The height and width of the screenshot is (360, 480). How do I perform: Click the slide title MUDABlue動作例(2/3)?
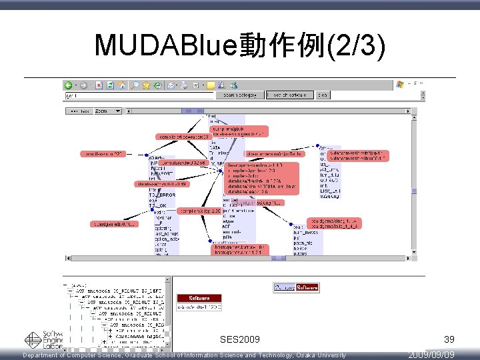[240, 45]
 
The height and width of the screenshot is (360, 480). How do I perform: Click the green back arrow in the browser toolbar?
[69, 85]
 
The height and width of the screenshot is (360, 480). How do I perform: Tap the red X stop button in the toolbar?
[99, 85]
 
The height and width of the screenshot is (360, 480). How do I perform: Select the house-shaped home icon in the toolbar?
[122, 85]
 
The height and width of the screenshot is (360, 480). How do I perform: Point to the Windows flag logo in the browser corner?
[400, 85]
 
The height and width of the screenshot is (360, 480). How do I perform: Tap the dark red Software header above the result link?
[199, 298]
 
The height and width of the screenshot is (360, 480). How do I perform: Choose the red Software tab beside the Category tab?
[307, 287]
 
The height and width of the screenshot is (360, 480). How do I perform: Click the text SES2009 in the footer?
[240, 340]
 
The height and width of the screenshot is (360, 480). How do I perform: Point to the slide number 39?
[448, 340]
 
